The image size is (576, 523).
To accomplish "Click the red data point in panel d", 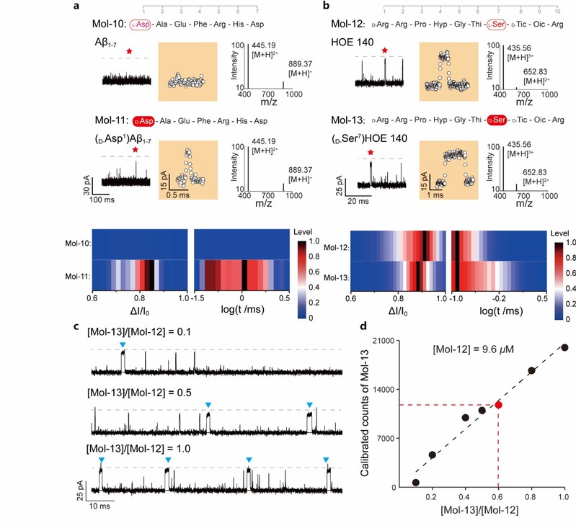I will click(498, 405).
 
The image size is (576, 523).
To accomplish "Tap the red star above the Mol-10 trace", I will click(128, 51).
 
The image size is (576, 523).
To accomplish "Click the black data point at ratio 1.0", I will click(564, 347).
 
